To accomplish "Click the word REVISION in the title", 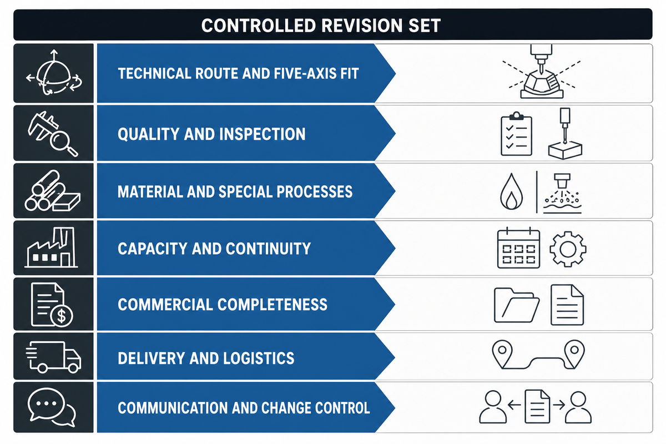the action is pos(361,26).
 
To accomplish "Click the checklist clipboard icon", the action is pos(516,134).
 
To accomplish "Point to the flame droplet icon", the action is pos(511,191).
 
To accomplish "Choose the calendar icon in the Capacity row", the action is pos(518,248).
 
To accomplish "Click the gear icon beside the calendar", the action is pos(568,249).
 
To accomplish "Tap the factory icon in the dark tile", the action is pos(51,248).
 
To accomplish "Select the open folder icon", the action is pos(517,305).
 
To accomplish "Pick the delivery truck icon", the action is pos(53,357).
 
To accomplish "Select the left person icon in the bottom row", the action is pos(493,407).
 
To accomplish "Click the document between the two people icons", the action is pos(537,406).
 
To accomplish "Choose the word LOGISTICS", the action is pos(259,358).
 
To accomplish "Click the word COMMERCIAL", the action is pos(165,305).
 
